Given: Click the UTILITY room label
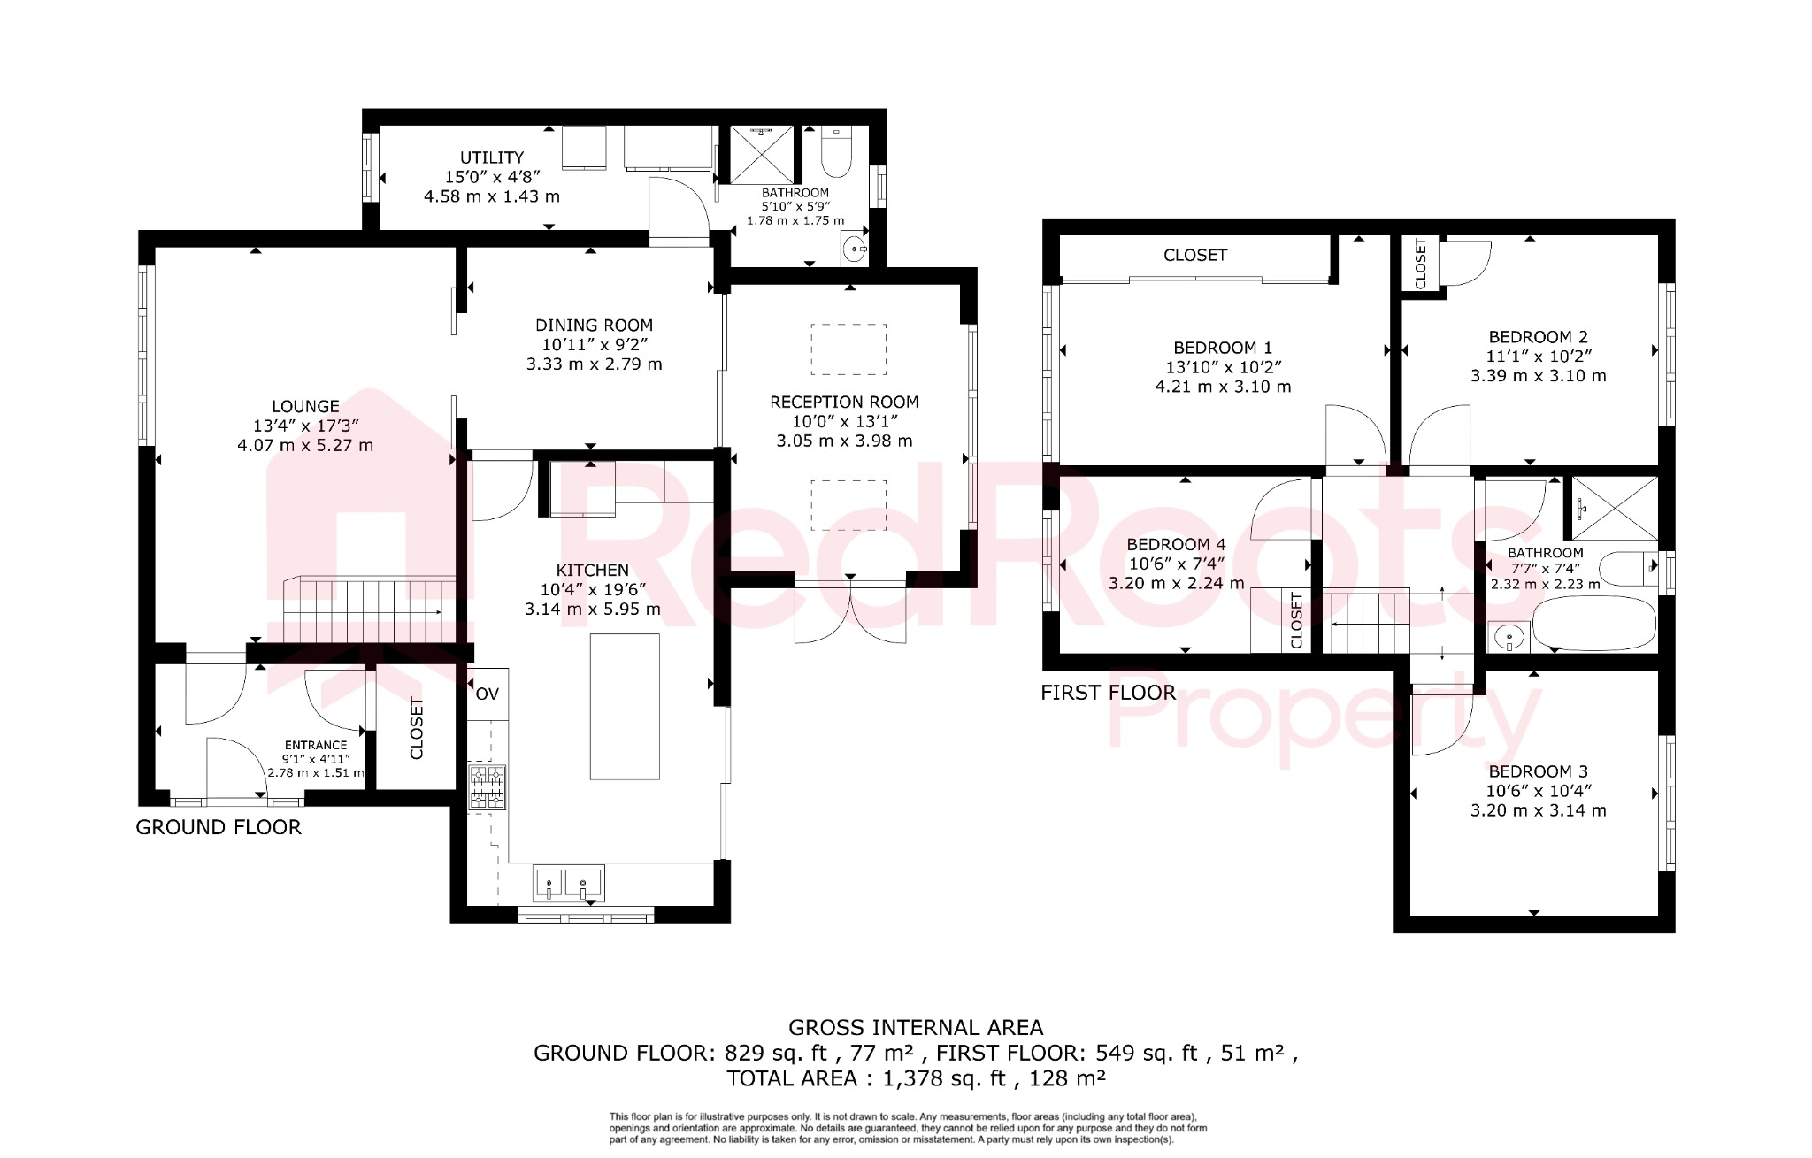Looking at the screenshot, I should click(x=491, y=157).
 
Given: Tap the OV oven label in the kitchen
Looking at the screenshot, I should click(x=488, y=694).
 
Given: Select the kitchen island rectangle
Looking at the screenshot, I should click(x=625, y=706).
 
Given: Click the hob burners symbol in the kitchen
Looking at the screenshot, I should click(x=487, y=787).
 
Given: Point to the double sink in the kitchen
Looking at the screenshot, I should click(x=569, y=884).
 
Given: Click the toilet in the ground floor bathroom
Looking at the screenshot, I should click(x=836, y=151).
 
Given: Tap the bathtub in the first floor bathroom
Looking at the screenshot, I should click(x=1593, y=624).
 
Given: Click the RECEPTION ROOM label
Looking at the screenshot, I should click(x=844, y=403).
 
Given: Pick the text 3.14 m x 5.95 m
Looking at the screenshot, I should click(x=592, y=610).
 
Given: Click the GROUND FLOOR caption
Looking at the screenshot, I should click(x=219, y=828).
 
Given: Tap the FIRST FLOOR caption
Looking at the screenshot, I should click(x=1108, y=694).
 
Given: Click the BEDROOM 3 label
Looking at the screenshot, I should click(x=1538, y=771).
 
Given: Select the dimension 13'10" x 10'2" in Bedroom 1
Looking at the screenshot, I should click(x=1223, y=367).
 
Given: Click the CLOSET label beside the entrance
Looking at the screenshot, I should click(x=417, y=729).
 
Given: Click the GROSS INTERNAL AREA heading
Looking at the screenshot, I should click(x=916, y=1028).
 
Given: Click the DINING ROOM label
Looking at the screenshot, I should click(x=594, y=326).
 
